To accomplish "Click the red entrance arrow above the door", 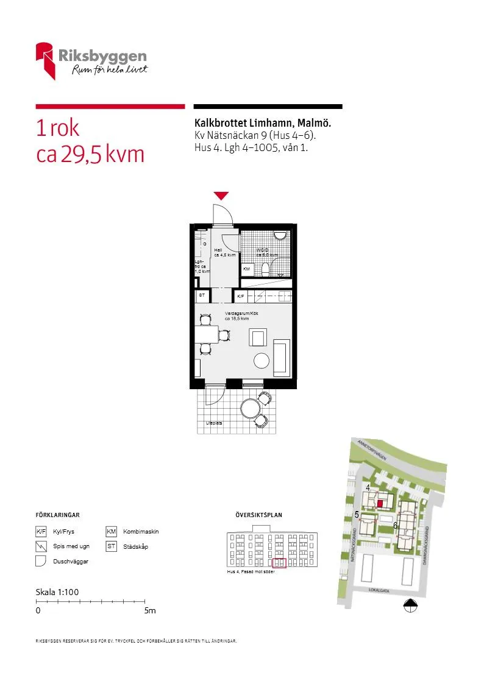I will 221,196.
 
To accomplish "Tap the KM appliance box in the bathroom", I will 247,269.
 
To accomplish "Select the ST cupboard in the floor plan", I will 202,295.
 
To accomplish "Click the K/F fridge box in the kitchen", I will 241,296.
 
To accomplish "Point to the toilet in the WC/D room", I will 266,269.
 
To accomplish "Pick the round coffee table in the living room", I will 262,361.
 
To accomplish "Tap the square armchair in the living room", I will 258,337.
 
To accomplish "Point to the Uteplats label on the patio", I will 214,423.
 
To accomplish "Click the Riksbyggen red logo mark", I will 46,60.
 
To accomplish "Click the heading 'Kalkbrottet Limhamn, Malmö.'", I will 263,123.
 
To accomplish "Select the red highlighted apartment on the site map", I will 380,504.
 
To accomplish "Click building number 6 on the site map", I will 396,525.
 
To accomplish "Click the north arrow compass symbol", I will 411,605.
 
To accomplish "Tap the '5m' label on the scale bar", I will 150,610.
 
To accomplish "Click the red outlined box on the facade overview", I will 279,563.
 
